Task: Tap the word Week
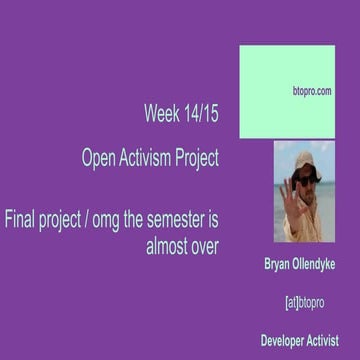tap(162, 114)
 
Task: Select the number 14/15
tap(202, 114)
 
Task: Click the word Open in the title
tap(102, 157)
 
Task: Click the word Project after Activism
tap(200, 158)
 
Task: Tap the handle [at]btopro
tap(304, 301)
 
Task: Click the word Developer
tap(285, 340)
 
